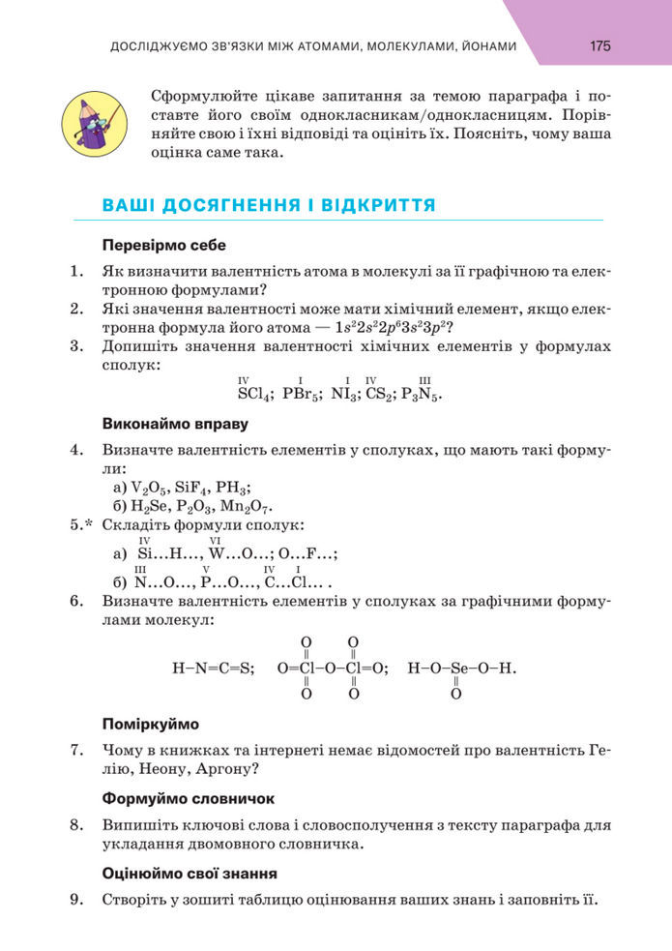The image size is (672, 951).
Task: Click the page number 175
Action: pos(599,45)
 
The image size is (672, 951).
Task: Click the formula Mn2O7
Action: pos(248,505)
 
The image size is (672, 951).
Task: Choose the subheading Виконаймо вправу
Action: pos(175,424)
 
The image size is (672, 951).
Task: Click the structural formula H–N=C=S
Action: pos(212,668)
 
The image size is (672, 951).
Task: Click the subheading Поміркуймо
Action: pos(150,723)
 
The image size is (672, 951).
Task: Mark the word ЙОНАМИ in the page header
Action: pos(482,45)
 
